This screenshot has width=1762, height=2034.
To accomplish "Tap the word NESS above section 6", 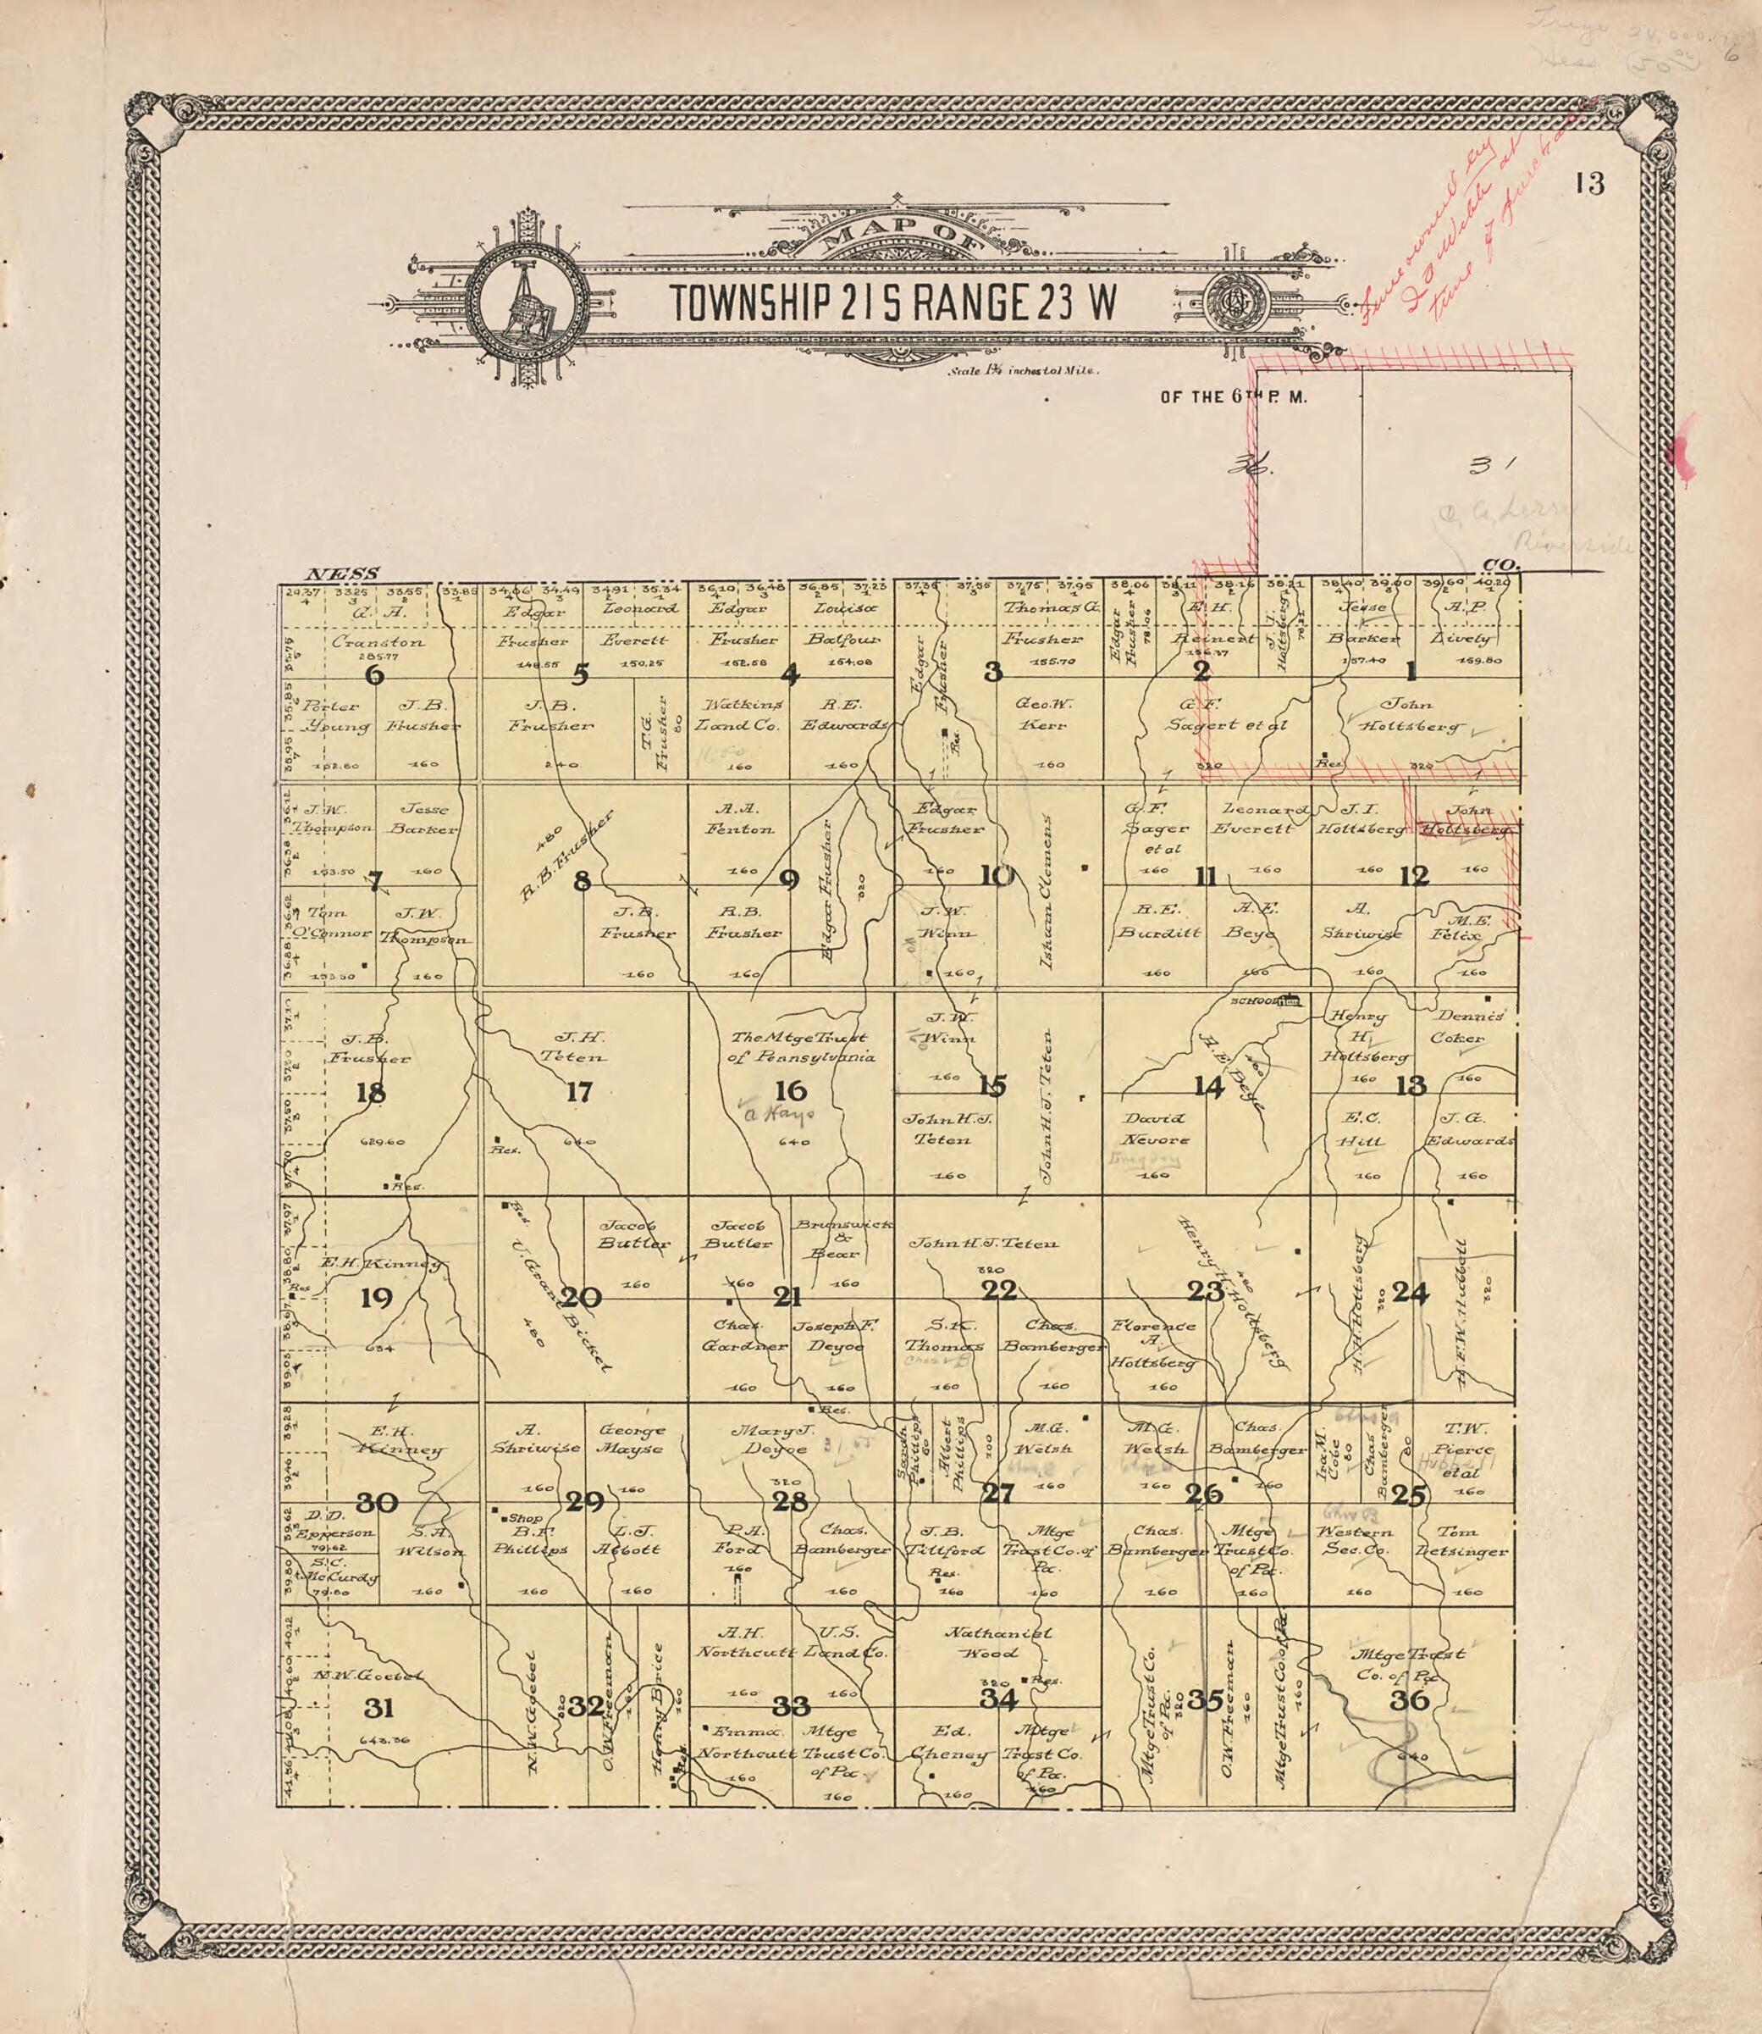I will click(334, 574).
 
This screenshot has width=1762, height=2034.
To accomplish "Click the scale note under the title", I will click(1023, 372).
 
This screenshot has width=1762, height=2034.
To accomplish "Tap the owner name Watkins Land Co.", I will click(738, 715).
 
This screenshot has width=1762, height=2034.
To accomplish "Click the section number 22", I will click(998, 1290).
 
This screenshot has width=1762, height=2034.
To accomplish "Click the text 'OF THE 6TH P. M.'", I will click(1233, 398).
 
